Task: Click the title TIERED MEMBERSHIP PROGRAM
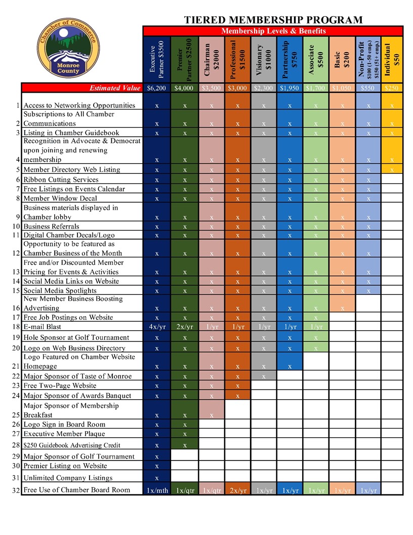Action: tap(273, 20)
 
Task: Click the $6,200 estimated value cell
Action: tap(157, 88)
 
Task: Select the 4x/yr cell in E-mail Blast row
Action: tap(157, 327)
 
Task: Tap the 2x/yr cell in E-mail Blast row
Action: tap(185, 327)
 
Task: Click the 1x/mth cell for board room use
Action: tap(157, 490)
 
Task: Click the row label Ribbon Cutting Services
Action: tap(61, 179)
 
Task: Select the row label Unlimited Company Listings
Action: tap(68, 478)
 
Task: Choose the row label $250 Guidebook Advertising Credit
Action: tap(72, 446)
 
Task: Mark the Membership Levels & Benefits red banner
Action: tap(273, 31)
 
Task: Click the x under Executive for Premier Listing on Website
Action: tap(157, 466)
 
